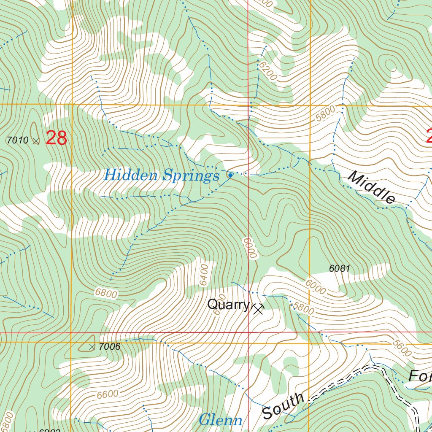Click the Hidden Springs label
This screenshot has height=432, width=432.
[162, 175]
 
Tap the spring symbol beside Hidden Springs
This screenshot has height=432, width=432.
[230, 175]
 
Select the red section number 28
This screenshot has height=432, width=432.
[56, 138]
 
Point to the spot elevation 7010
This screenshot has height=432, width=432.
[18, 140]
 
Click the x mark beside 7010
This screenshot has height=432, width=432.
[36, 140]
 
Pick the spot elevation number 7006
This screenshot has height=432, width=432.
[109, 347]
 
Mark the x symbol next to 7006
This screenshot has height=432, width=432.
[92, 347]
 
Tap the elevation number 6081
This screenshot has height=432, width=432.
[340, 268]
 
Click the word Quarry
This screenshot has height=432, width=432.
[228, 305]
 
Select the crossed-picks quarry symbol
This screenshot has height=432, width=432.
[257, 310]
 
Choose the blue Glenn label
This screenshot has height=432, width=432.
[221, 420]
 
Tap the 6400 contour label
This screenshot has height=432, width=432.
[204, 275]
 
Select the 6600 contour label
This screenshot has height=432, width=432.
[107, 395]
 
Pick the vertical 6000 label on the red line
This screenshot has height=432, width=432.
[249, 248]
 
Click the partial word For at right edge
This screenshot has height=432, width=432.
[420, 375]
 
